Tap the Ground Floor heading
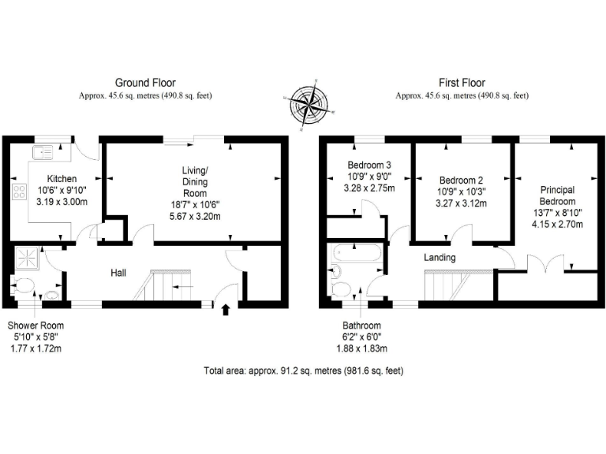pyautogui.click(x=145, y=83)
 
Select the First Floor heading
pyautogui.click(x=462, y=83)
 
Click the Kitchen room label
pyautogui.click(x=62, y=178)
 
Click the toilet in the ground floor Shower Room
pyautogui.click(x=23, y=285)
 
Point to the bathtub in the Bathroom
pyautogui.click(x=357, y=256)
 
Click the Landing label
pyautogui.click(x=440, y=258)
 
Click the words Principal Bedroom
pyautogui.click(x=556, y=196)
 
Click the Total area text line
pyautogui.click(x=304, y=370)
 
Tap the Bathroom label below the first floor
pyautogui.click(x=361, y=326)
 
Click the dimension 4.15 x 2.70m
pyautogui.click(x=557, y=225)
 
